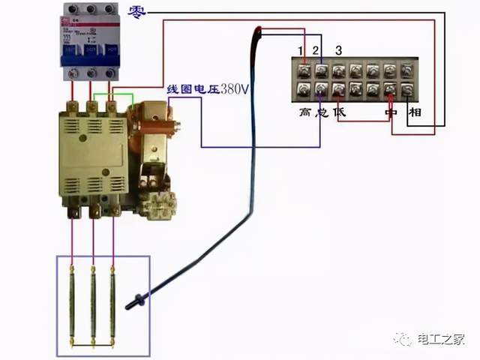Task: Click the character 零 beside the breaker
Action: point(138,13)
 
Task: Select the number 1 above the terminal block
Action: point(301,50)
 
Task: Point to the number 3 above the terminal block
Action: point(339,50)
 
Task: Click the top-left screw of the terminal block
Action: point(304,71)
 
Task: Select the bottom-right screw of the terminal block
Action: point(406,90)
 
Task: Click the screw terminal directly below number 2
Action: point(321,71)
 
